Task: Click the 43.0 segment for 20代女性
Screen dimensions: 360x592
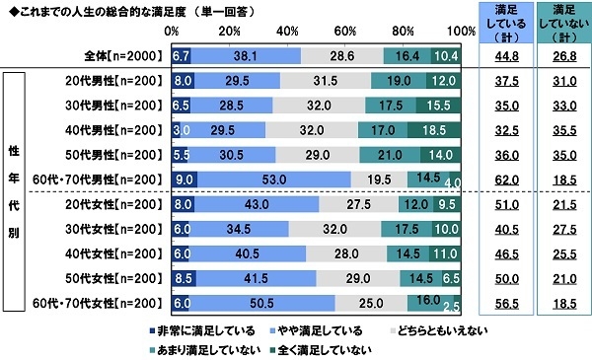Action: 255,204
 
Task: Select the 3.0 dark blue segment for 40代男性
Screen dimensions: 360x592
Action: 177,129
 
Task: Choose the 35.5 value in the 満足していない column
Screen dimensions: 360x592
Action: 559,129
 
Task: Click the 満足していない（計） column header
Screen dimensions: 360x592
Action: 559,21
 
